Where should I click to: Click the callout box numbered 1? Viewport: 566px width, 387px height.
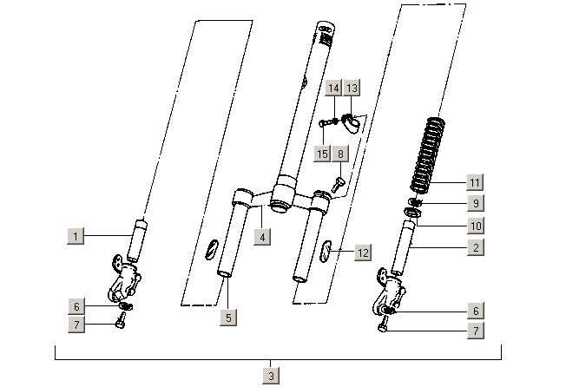click(76, 235)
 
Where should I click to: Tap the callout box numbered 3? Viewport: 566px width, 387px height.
click(272, 375)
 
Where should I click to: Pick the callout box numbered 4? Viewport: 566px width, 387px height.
click(260, 235)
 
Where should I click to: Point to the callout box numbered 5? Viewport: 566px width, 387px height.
click(228, 318)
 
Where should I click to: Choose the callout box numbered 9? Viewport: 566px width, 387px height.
click(474, 205)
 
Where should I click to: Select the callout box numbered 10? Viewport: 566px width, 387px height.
click(474, 226)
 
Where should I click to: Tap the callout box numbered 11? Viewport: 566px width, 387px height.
click(474, 182)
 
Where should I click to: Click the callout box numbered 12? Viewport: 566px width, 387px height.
click(363, 252)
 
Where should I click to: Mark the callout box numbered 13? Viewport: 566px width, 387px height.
click(351, 89)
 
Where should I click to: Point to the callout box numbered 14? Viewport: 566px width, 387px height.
click(333, 89)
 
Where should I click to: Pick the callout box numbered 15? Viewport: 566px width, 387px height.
click(323, 154)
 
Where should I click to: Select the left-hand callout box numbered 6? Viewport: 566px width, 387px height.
click(76, 306)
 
